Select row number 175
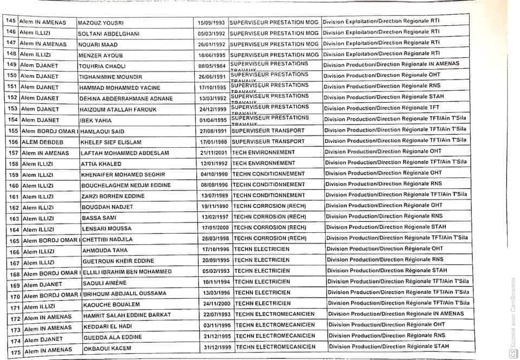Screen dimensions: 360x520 point(15,351)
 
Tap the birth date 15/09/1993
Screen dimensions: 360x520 point(210,23)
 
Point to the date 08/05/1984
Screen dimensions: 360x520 point(212,65)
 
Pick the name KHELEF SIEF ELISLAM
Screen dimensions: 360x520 point(111,142)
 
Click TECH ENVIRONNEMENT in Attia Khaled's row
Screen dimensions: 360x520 point(263,163)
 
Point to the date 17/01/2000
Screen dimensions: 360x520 point(215,228)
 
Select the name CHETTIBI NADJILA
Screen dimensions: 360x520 point(107,239)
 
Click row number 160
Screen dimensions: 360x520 point(14,186)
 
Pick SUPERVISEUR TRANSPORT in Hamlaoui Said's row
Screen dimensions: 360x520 point(268,130)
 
